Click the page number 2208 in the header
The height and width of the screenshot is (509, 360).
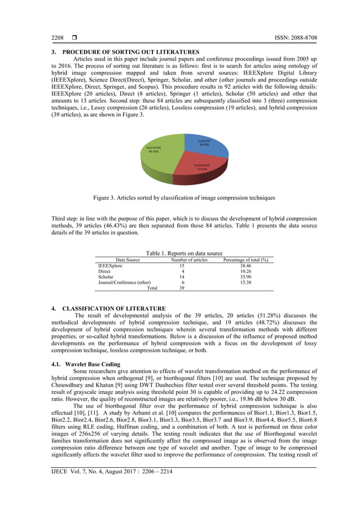tap(58, 38)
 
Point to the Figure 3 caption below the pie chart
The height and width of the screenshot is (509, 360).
tap(184, 198)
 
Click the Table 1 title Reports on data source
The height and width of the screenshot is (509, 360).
tap(184, 253)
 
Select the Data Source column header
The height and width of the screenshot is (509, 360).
tap(128, 260)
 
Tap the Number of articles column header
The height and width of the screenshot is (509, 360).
tap(189, 260)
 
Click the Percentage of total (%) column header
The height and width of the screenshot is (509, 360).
tap(245, 260)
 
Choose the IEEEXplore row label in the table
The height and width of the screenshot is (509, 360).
tap(111, 265)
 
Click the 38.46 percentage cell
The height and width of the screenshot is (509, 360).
tap(245, 265)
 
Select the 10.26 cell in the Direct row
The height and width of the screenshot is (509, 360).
tap(245, 271)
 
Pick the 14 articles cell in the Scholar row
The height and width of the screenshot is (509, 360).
tap(182, 277)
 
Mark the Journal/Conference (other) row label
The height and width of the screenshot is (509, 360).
tap(125, 283)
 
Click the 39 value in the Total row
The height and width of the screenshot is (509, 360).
tap(182, 288)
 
